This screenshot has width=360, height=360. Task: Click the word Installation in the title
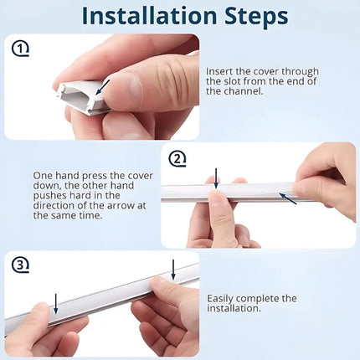(x=149, y=16)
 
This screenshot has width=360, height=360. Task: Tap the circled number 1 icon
(x=20, y=49)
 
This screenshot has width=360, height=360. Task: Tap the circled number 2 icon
(x=177, y=159)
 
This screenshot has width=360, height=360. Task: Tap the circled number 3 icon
(x=20, y=265)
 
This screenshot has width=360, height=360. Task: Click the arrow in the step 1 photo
(x=102, y=87)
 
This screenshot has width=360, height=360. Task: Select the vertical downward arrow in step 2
(x=216, y=178)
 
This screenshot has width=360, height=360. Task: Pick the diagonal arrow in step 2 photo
(x=288, y=198)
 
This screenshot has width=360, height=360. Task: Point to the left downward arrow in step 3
(x=56, y=304)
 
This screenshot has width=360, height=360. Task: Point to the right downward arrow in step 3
(x=173, y=270)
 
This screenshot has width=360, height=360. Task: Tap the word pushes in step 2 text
(x=50, y=195)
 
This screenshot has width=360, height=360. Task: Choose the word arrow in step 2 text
(x=121, y=206)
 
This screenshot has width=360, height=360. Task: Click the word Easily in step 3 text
(x=220, y=299)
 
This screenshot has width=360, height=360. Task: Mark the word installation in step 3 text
(x=234, y=309)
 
